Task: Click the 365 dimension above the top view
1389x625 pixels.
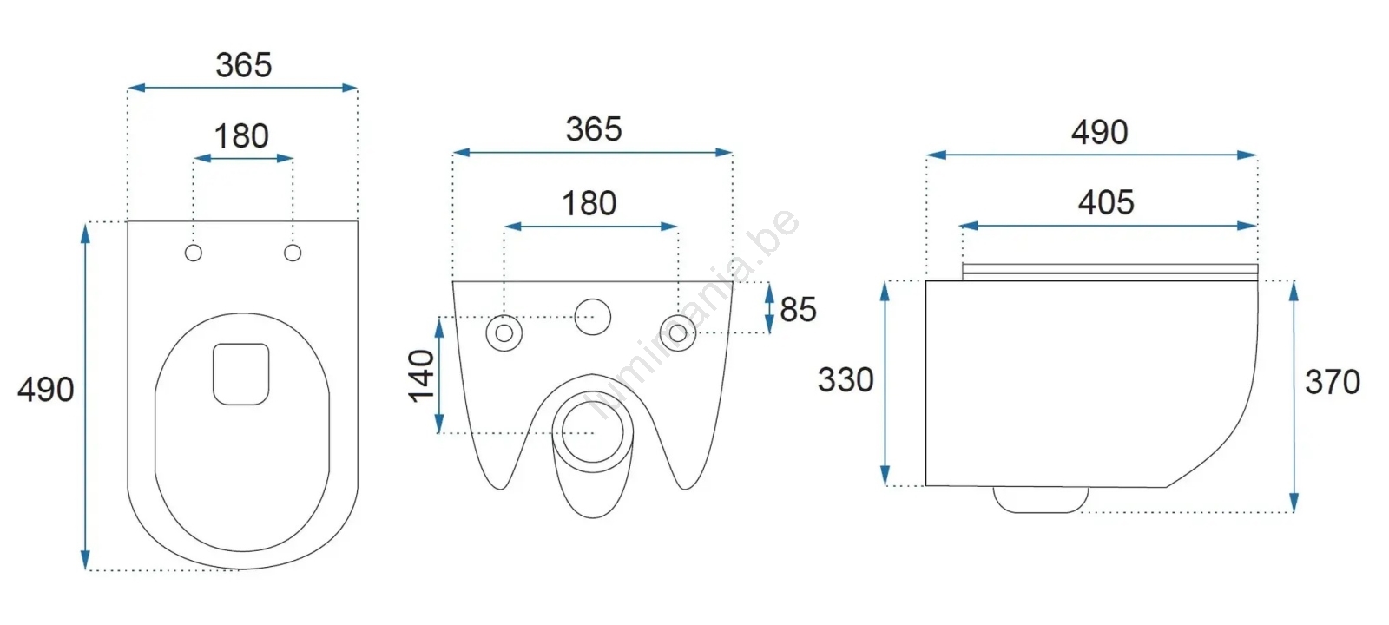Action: click(x=244, y=65)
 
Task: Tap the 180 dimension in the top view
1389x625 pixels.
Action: click(x=241, y=136)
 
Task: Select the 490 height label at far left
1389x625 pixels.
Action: click(x=46, y=390)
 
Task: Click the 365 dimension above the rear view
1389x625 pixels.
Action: click(x=594, y=129)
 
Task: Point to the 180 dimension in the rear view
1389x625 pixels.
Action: click(x=589, y=203)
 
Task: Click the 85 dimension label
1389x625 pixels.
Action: click(x=798, y=309)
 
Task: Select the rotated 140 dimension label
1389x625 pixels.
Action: click(x=422, y=376)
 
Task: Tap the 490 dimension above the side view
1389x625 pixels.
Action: click(x=1099, y=133)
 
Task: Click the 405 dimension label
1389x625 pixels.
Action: click(x=1106, y=203)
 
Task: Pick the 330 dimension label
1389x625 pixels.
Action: click(x=846, y=379)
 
